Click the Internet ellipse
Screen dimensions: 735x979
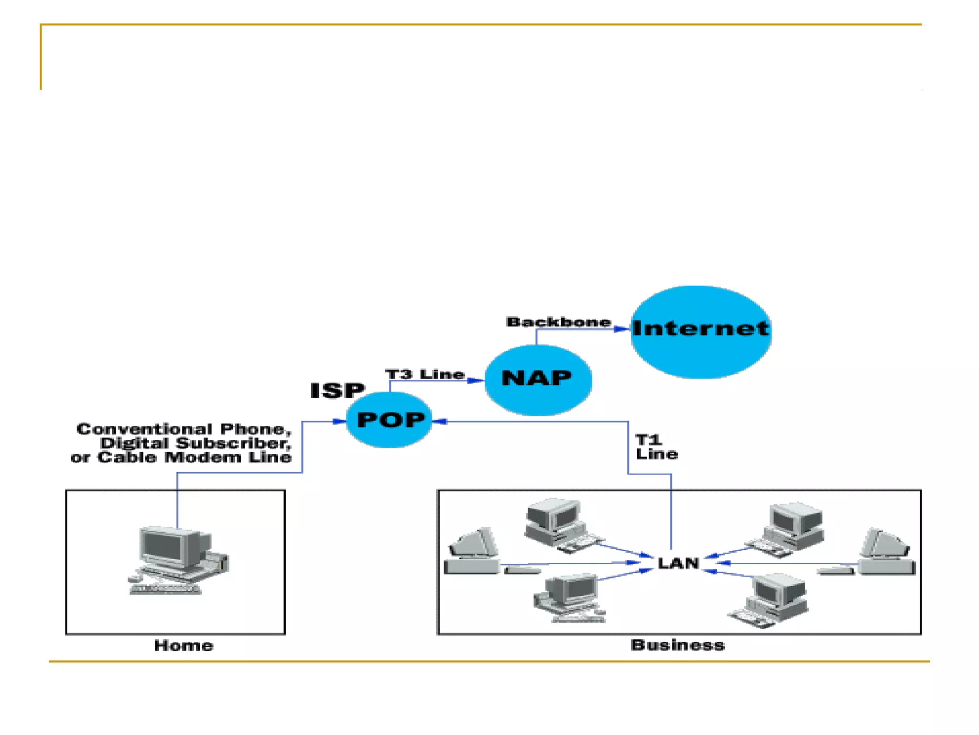[x=701, y=332]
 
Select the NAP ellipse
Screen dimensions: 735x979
[x=538, y=379]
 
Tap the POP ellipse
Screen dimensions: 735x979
[x=390, y=420]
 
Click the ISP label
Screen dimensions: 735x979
[x=337, y=390]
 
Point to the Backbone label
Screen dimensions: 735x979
[x=558, y=322]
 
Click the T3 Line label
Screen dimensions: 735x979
[x=425, y=374]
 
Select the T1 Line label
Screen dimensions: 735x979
[x=656, y=446]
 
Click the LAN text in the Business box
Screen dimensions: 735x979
[x=678, y=563]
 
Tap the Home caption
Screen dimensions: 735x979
[x=184, y=646]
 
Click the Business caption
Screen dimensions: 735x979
[x=677, y=645]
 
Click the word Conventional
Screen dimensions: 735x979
[x=144, y=429]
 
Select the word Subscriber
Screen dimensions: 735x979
[x=234, y=443]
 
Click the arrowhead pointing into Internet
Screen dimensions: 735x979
[x=622, y=329]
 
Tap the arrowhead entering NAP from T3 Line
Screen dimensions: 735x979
[x=476, y=380]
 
